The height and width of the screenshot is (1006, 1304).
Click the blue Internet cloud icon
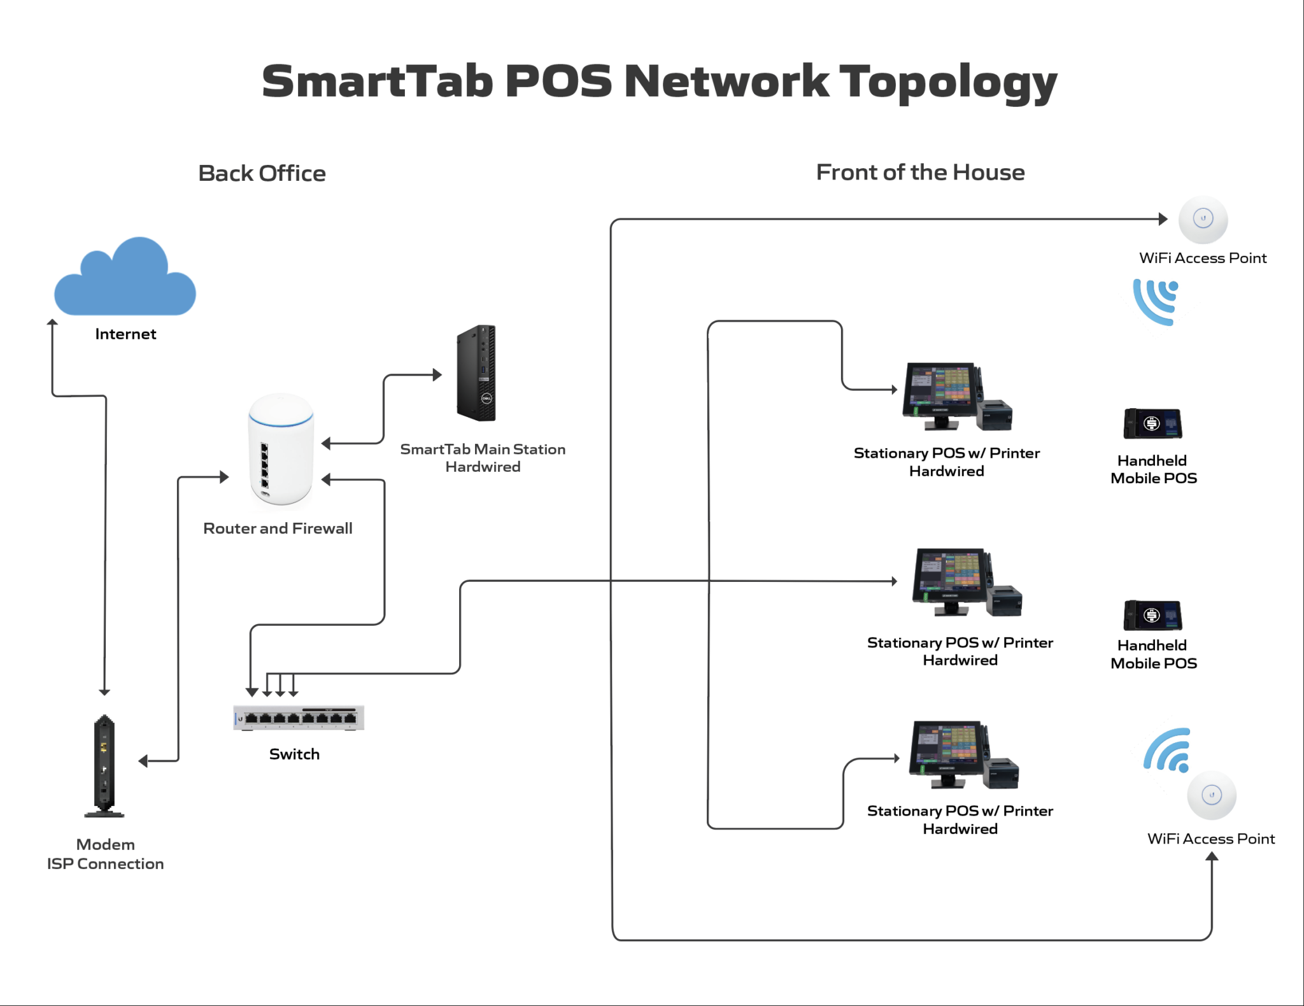pos(125,280)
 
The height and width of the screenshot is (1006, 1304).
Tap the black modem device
pos(104,764)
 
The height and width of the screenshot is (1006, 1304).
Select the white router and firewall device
pos(280,449)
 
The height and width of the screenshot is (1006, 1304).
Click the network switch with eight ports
pos(299,718)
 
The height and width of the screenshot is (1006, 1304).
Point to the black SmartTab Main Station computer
pos(476,373)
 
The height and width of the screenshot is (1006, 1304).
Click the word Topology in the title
pos(947,83)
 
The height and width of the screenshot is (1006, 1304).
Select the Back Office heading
pos(262,173)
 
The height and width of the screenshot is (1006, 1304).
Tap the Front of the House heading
pos(920,173)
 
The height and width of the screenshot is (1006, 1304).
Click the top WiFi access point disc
pos(1203,220)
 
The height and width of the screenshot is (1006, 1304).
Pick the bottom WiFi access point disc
pos(1212,795)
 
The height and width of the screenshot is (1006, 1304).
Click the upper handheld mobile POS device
pos(1152,423)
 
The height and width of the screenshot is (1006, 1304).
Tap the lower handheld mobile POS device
pos(1152,615)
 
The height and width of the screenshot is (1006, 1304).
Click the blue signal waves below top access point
pos(1156,301)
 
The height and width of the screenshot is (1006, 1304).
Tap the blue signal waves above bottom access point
pos(1168,750)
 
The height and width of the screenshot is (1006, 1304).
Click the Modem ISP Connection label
pos(105,854)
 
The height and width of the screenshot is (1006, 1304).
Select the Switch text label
pos(294,754)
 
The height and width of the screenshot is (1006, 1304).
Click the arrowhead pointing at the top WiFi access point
pos(1163,219)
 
